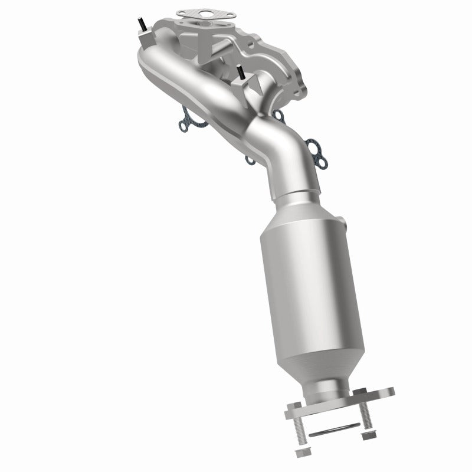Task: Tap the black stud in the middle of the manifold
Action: (x=241, y=74)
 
